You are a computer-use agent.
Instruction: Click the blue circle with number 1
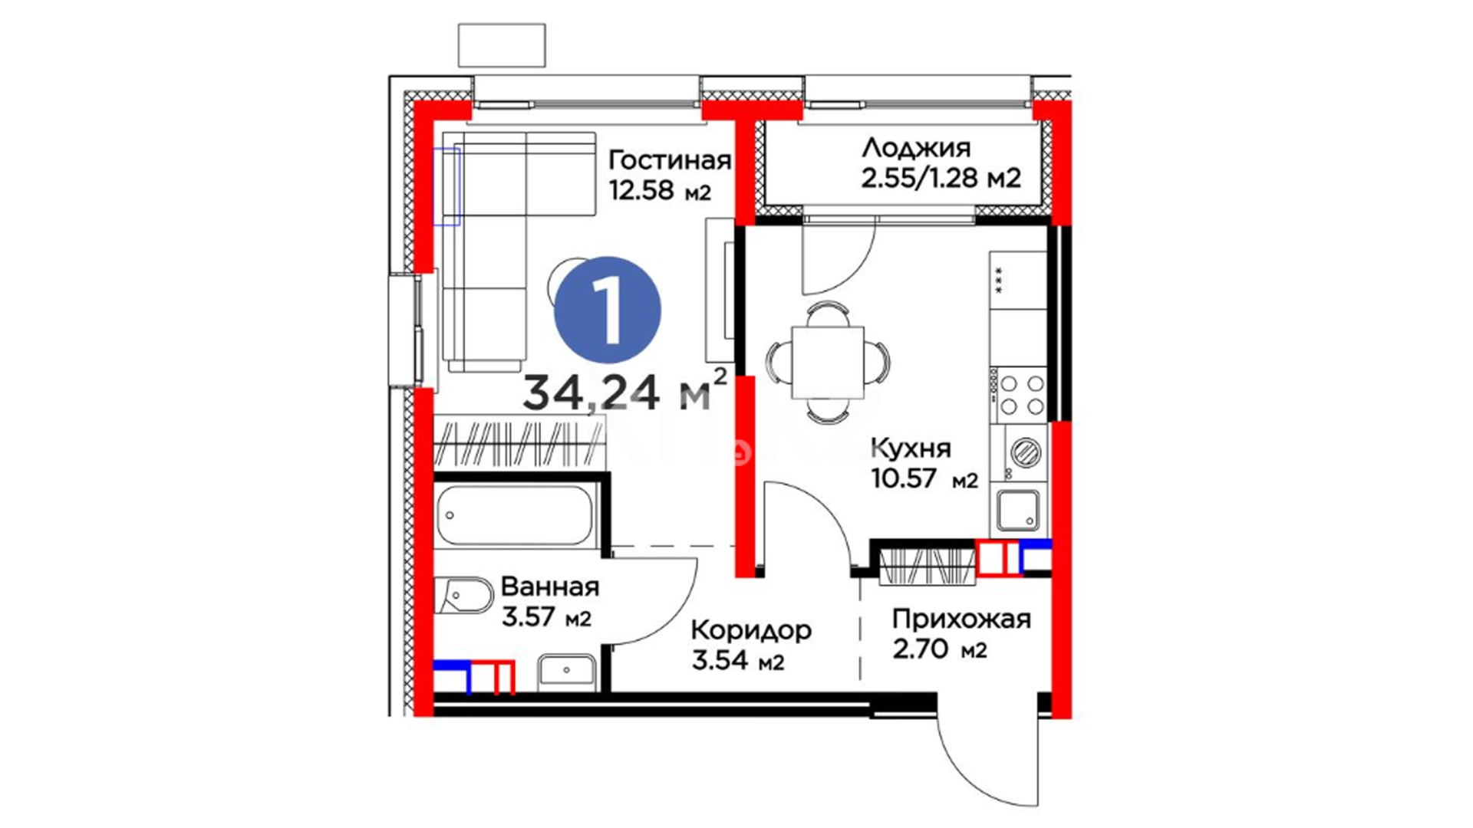point(607,310)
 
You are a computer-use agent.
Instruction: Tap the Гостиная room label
point(669,160)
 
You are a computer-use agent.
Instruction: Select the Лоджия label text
point(916,148)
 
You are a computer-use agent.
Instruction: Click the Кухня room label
point(911,448)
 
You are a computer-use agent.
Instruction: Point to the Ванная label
point(549,586)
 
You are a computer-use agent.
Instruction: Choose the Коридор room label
point(751,631)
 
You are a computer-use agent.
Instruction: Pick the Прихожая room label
point(961,619)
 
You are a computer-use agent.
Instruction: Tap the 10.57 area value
point(904,478)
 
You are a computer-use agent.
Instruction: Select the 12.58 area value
point(641,189)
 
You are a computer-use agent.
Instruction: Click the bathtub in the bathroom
point(516,516)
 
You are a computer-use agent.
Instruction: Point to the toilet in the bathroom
point(463,596)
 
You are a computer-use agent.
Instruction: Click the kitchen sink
point(1019,510)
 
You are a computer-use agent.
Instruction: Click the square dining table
point(828,360)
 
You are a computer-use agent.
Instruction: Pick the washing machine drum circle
point(1025,452)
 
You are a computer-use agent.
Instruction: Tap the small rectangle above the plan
point(502,45)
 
